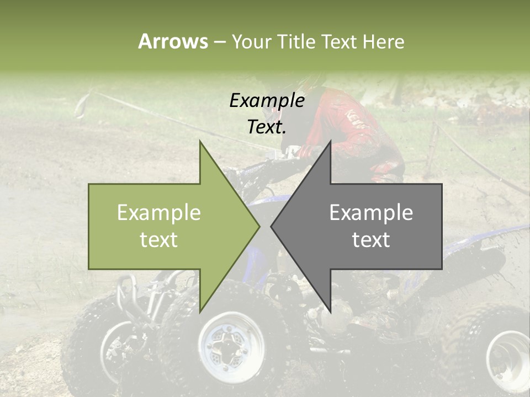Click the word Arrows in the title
click(173, 41)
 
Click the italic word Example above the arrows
click(267, 100)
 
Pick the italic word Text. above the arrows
click(267, 127)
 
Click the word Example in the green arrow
click(158, 212)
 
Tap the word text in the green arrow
click(158, 239)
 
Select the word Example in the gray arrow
click(371, 212)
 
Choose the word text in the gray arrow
click(371, 239)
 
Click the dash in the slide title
click(219, 41)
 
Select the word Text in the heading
click(339, 41)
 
